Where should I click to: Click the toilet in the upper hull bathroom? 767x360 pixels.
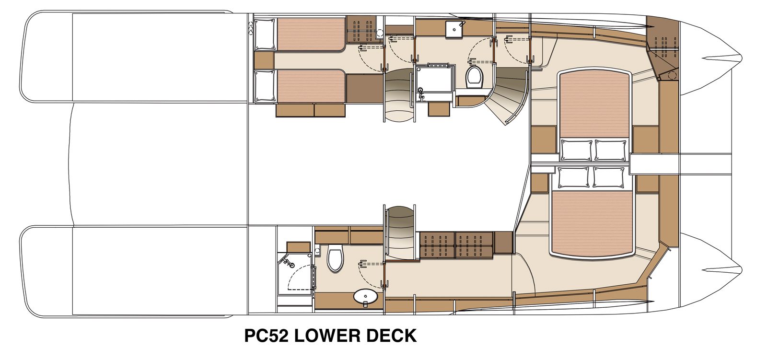pos(475,77)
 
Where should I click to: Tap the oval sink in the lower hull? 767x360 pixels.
pos(365,297)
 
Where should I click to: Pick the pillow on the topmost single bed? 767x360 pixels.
pos(264,35)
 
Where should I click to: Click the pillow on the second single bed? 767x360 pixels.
pos(264,86)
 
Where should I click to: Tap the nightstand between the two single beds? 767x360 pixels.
pos(264,60)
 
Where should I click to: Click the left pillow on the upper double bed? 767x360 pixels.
pos(577,150)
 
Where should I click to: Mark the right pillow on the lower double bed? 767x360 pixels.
pos(608,177)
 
